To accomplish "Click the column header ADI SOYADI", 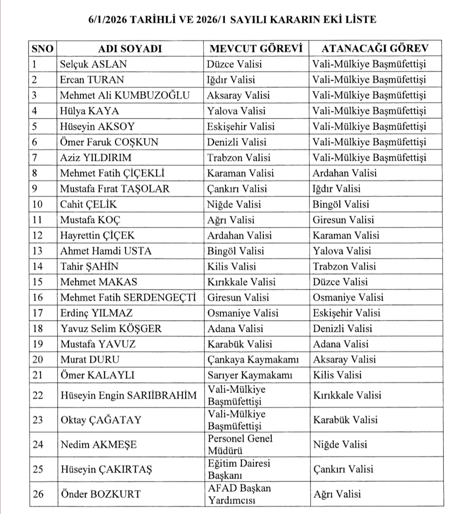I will (x=130, y=48).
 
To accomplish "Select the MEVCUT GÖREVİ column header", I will (x=256, y=48).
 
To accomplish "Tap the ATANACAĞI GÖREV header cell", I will (x=374, y=48).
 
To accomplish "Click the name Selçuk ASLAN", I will (x=93, y=64).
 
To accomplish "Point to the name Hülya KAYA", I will (x=89, y=111).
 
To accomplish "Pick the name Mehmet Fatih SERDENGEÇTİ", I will (x=128, y=297).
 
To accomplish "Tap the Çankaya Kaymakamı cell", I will (x=253, y=360).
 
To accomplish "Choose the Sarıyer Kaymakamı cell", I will (x=250, y=375).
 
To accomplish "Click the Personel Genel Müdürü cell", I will (x=240, y=444).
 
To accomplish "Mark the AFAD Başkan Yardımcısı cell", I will (x=239, y=494).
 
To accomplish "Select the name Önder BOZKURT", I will (x=101, y=494).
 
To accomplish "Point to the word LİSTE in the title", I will (x=360, y=20).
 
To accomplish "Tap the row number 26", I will (x=38, y=494).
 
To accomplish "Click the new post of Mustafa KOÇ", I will (x=343, y=220).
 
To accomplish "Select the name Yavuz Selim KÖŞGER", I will (x=111, y=329).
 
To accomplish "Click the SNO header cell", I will (x=42, y=48).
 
